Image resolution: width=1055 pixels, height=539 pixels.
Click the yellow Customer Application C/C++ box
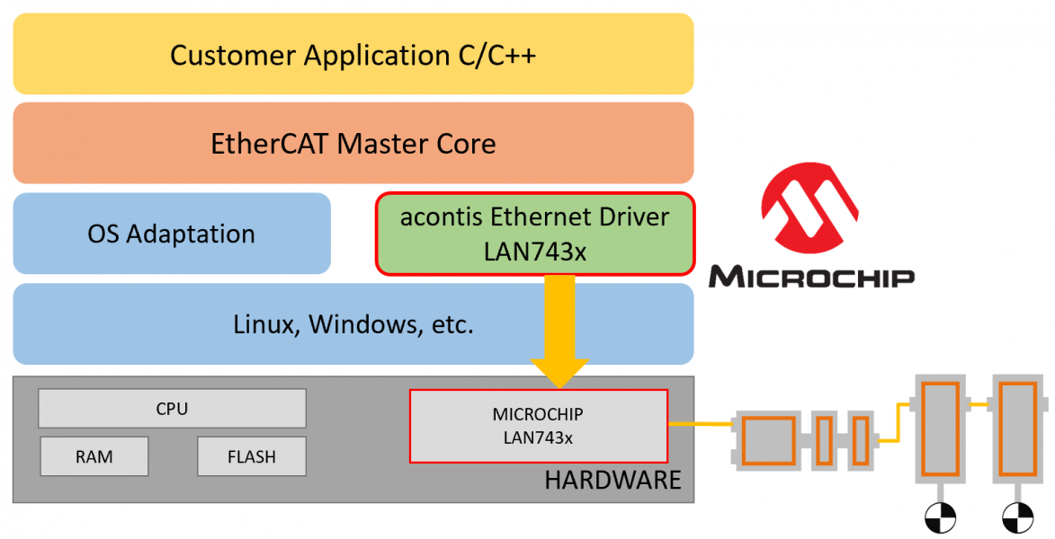click(x=353, y=54)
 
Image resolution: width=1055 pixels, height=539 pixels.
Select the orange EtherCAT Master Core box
click(x=353, y=143)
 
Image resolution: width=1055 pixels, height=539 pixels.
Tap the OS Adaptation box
click(x=171, y=234)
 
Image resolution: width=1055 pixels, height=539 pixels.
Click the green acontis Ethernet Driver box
click(x=534, y=234)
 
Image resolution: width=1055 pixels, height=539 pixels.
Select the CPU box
click(x=172, y=409)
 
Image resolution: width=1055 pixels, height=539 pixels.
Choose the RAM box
click(x=94, y=456)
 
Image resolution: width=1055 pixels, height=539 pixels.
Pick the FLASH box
click(x=252, y=456)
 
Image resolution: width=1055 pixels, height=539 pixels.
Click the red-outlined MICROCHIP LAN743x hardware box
click(x=538, y=426)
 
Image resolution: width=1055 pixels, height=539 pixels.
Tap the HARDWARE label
click(x=612, y=480)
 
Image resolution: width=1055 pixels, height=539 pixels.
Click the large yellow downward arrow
click(x=559, y=332)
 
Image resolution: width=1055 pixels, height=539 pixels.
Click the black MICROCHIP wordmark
click(x=811, y=275)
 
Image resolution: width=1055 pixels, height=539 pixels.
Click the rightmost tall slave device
click(x=1017, y=427)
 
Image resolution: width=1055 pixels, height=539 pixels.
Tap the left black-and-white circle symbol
click(x=940, y=517)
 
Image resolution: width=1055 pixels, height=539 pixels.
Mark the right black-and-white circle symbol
click(x=1017, y=517)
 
